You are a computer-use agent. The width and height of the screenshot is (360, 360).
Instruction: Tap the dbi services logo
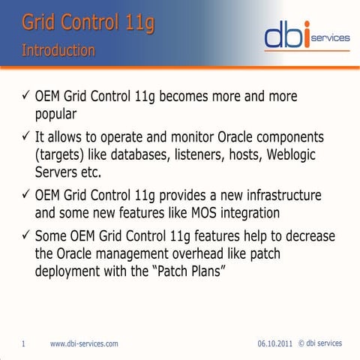click(303, 35)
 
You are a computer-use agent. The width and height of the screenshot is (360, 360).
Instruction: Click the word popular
click(63, 115)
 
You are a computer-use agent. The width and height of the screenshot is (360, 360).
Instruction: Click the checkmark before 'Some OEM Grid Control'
click(25, 234)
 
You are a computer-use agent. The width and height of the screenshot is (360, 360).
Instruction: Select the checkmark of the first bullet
click(25, 97)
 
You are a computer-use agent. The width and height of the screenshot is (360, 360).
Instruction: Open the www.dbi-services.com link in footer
click(83, 343)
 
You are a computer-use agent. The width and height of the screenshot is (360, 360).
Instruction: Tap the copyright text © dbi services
click(320, 343)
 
